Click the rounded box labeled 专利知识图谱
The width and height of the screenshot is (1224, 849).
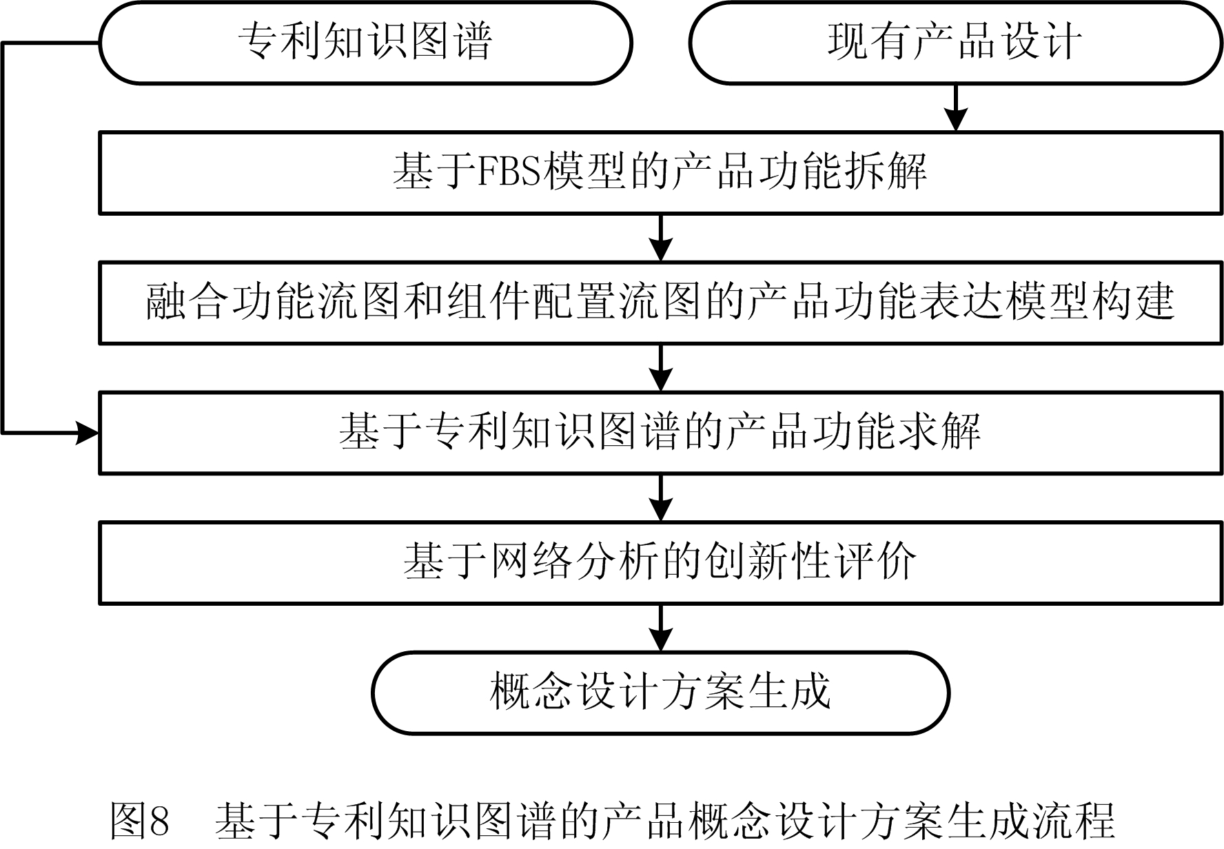coord(365,43)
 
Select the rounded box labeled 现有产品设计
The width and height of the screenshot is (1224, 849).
coord(955,43)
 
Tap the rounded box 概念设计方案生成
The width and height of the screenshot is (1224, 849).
coord(660,692)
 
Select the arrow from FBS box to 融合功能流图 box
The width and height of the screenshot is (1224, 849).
coord(661,238)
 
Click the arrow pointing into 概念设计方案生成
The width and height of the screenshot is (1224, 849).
coord(661,628)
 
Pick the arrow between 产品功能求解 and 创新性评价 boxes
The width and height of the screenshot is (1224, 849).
coord(661,498)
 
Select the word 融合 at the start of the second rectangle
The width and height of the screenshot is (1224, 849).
coord(187,302)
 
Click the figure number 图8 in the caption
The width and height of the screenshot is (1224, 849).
coord(140,820)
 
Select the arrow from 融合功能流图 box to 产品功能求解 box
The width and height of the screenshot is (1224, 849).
coord(661,368)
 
